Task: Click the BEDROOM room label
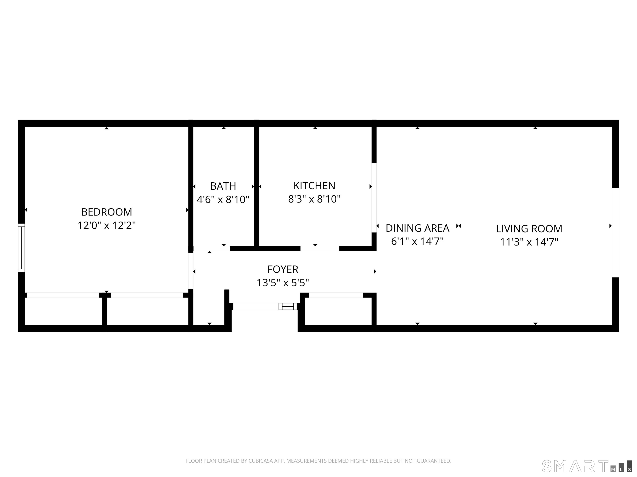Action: (x=107, y=212)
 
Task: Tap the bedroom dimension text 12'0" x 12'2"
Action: (x=107, y=225)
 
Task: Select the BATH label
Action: (x=223, y=186)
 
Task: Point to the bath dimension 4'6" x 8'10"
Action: (x=223, y=199)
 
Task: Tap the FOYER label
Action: (x=283, y=269)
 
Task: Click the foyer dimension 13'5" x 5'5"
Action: (x=283, y=283)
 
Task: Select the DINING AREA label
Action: (x=417, y=228)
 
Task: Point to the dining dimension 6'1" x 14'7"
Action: (x=417, y=242)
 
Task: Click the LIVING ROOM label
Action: (x=529, y=229)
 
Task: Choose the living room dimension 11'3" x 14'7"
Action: (x=529, y=242)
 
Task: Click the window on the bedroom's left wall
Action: (x=22, y=248)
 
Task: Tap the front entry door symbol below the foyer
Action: (x=287, y=306)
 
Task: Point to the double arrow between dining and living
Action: (x=459, y=226)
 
